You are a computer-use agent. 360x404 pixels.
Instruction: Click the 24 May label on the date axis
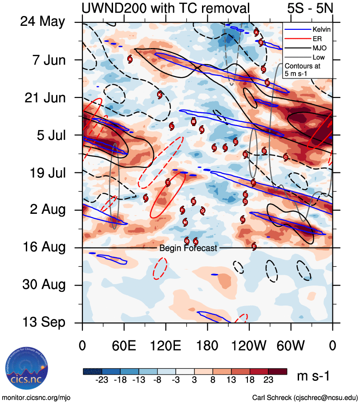(43, 22)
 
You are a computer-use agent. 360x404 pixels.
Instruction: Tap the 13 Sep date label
(43, 322)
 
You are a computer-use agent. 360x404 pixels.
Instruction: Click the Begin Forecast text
(188, 248)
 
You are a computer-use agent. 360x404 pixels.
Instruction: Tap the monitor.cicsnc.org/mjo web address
(36, 397)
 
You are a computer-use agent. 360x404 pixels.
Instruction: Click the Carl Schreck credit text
(305, 397)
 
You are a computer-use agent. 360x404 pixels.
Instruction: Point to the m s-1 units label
(313, 376)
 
